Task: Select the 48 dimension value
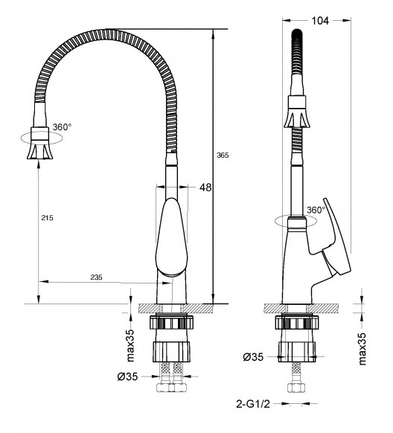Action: pyautogui.click(x=205, y=187)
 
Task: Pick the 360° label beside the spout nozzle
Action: pyautogui.click(x=62, y=127)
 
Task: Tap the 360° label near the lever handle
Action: pyautogui.click(x=317, y=210)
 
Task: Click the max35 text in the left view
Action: pyautogui.click(x=129, y=335)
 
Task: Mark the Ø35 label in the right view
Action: pyautogui.click(x=254, y=358)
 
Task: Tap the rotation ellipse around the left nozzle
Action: pyautogui.click(x=36, y=136)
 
